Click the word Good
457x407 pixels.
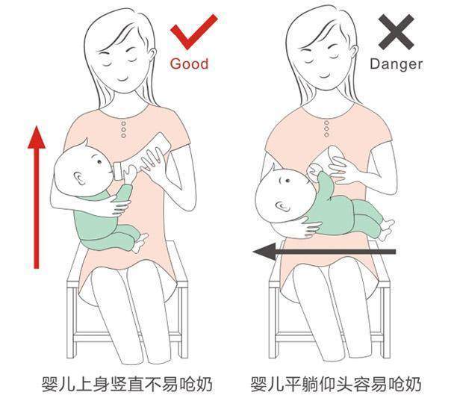[x=189, y=63]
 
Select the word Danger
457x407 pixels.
[x=396, y=63]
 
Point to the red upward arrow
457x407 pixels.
[x=34, y=198]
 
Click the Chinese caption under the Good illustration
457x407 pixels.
[x=126, y=385]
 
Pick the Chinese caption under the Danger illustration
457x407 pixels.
[x=337, y=385]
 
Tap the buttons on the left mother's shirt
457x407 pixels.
[x=123, y=127]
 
